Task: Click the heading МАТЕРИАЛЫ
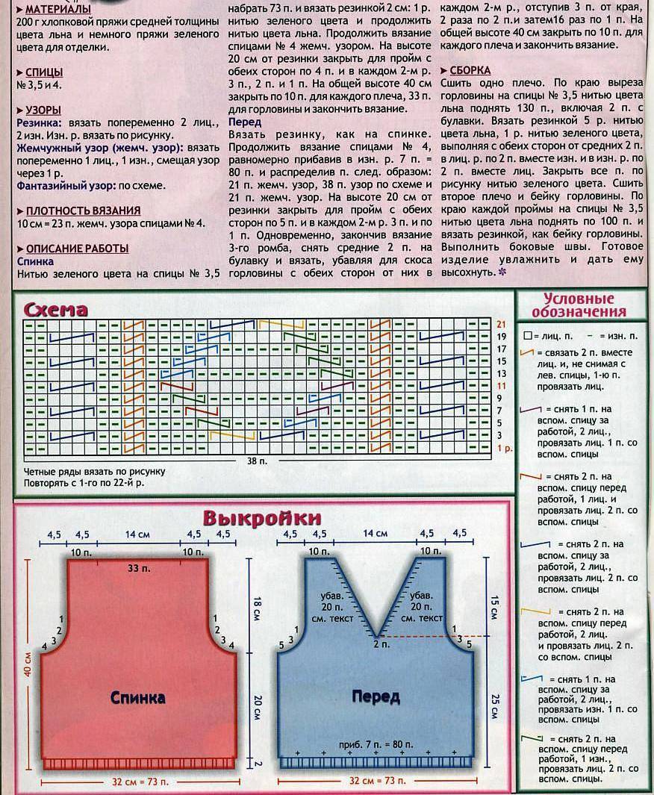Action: [x=54, y=9]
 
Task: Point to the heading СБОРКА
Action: [x=470, y=70]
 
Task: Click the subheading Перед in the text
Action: [x=245, y=122]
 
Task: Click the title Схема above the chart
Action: [x=56, y=309]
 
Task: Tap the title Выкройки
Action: [x=263, y=517]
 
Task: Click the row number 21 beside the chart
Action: [x=502, y=325]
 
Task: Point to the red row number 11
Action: [x=502, y=386]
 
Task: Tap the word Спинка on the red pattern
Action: [x=138, y=698]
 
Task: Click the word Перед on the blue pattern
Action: [x=376, y=697]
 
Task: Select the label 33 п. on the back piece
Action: [x=138, y=569]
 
